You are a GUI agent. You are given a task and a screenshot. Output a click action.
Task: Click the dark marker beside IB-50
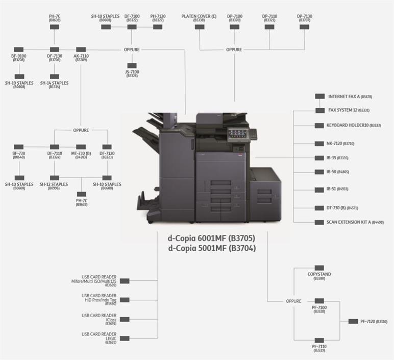(x=319, y=172)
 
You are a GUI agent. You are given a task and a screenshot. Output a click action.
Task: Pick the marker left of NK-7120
(x=319, y=144)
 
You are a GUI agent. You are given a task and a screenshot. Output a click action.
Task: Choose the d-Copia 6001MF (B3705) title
(x=211, y=238)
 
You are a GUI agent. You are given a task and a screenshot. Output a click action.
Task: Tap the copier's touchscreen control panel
(x=237, y=133)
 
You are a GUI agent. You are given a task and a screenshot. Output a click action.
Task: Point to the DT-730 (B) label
(x=342, y=208)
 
